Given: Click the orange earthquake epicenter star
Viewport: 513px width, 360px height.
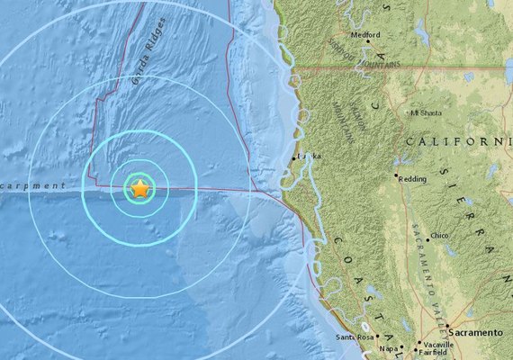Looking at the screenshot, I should pos(140,189).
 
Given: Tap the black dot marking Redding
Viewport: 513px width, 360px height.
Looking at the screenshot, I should pos(397,177).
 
